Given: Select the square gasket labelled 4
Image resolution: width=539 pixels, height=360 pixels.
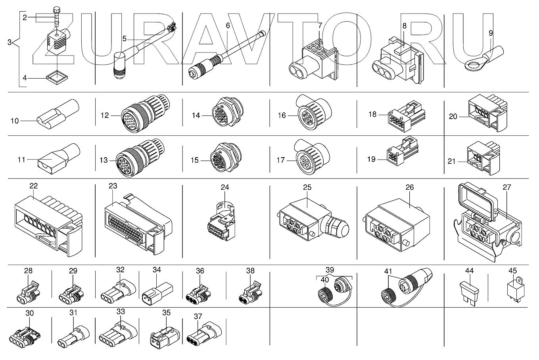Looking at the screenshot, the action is [57, 77].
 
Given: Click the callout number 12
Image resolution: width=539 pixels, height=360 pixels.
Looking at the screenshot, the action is [105, 116].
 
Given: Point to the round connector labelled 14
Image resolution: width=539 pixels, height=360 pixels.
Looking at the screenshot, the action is [228, 112].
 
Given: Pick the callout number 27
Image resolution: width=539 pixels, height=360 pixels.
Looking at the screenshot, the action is [507, 187].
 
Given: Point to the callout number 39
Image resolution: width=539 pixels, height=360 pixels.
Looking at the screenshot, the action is [330, 270].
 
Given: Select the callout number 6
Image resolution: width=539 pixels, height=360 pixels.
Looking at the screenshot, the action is [228, 25].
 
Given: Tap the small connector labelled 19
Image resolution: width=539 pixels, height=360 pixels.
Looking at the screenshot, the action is [402, 152].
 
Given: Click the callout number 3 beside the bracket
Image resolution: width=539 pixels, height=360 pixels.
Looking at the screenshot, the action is [10, 42].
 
